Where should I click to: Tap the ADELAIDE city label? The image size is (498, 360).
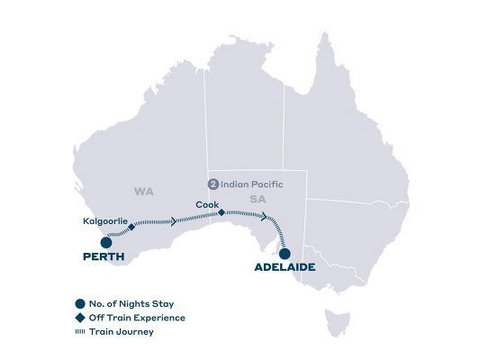[x=285, y=267]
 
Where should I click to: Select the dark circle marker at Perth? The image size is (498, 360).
[x=106, y=241]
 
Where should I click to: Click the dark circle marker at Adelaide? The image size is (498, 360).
[x=285, y=252]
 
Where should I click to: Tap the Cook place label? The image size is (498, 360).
[x=205, y=204]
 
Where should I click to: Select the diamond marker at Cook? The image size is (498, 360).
[x=222, y=212]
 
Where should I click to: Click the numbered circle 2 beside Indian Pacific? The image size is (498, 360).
[x=213, y=184]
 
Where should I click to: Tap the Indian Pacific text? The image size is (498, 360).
[x=252, y=184]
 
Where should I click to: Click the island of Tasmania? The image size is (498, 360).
[x=338, y=318]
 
